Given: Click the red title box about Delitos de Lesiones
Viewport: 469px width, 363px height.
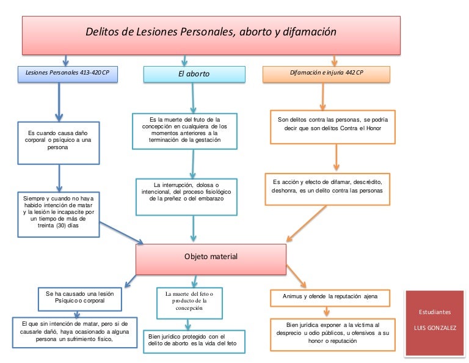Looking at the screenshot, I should click(x=211, y=34).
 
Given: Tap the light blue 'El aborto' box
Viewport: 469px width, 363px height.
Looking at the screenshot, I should click(x=194, y=74).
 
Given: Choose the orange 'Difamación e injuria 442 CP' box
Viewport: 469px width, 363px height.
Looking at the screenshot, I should click(x=326, y=73).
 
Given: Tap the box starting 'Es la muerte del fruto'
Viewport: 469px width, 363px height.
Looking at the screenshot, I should click(x=184, y=130).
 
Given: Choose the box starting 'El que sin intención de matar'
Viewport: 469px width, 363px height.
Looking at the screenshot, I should click(x=75, y=332).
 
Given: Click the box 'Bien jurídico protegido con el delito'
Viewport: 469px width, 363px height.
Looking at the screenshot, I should click(x=194, y=340).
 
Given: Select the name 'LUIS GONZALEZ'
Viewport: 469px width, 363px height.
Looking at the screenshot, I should click(x=435, y=329).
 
